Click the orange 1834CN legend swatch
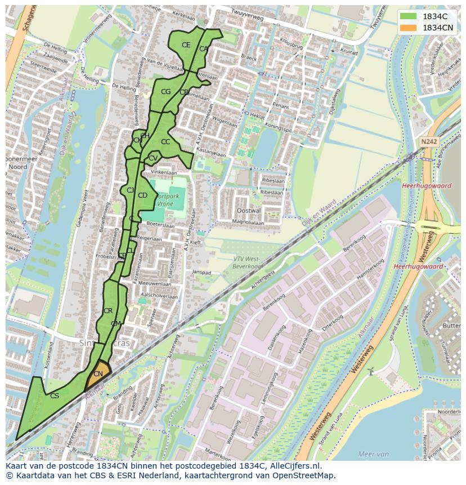(409, 28)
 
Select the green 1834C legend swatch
(409, 16)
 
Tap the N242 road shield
(428, 142)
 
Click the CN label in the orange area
(98, 374)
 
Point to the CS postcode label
(55, 396)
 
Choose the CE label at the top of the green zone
(186, 45)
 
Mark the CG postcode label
(165, 92)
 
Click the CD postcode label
(142, 195)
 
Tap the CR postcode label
(108, 311)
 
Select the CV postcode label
(153, 158)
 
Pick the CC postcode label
(165, 142)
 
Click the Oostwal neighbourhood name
(249, 210)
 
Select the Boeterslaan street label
(158, 224)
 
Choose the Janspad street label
(201, 272)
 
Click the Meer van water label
(373, 454)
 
